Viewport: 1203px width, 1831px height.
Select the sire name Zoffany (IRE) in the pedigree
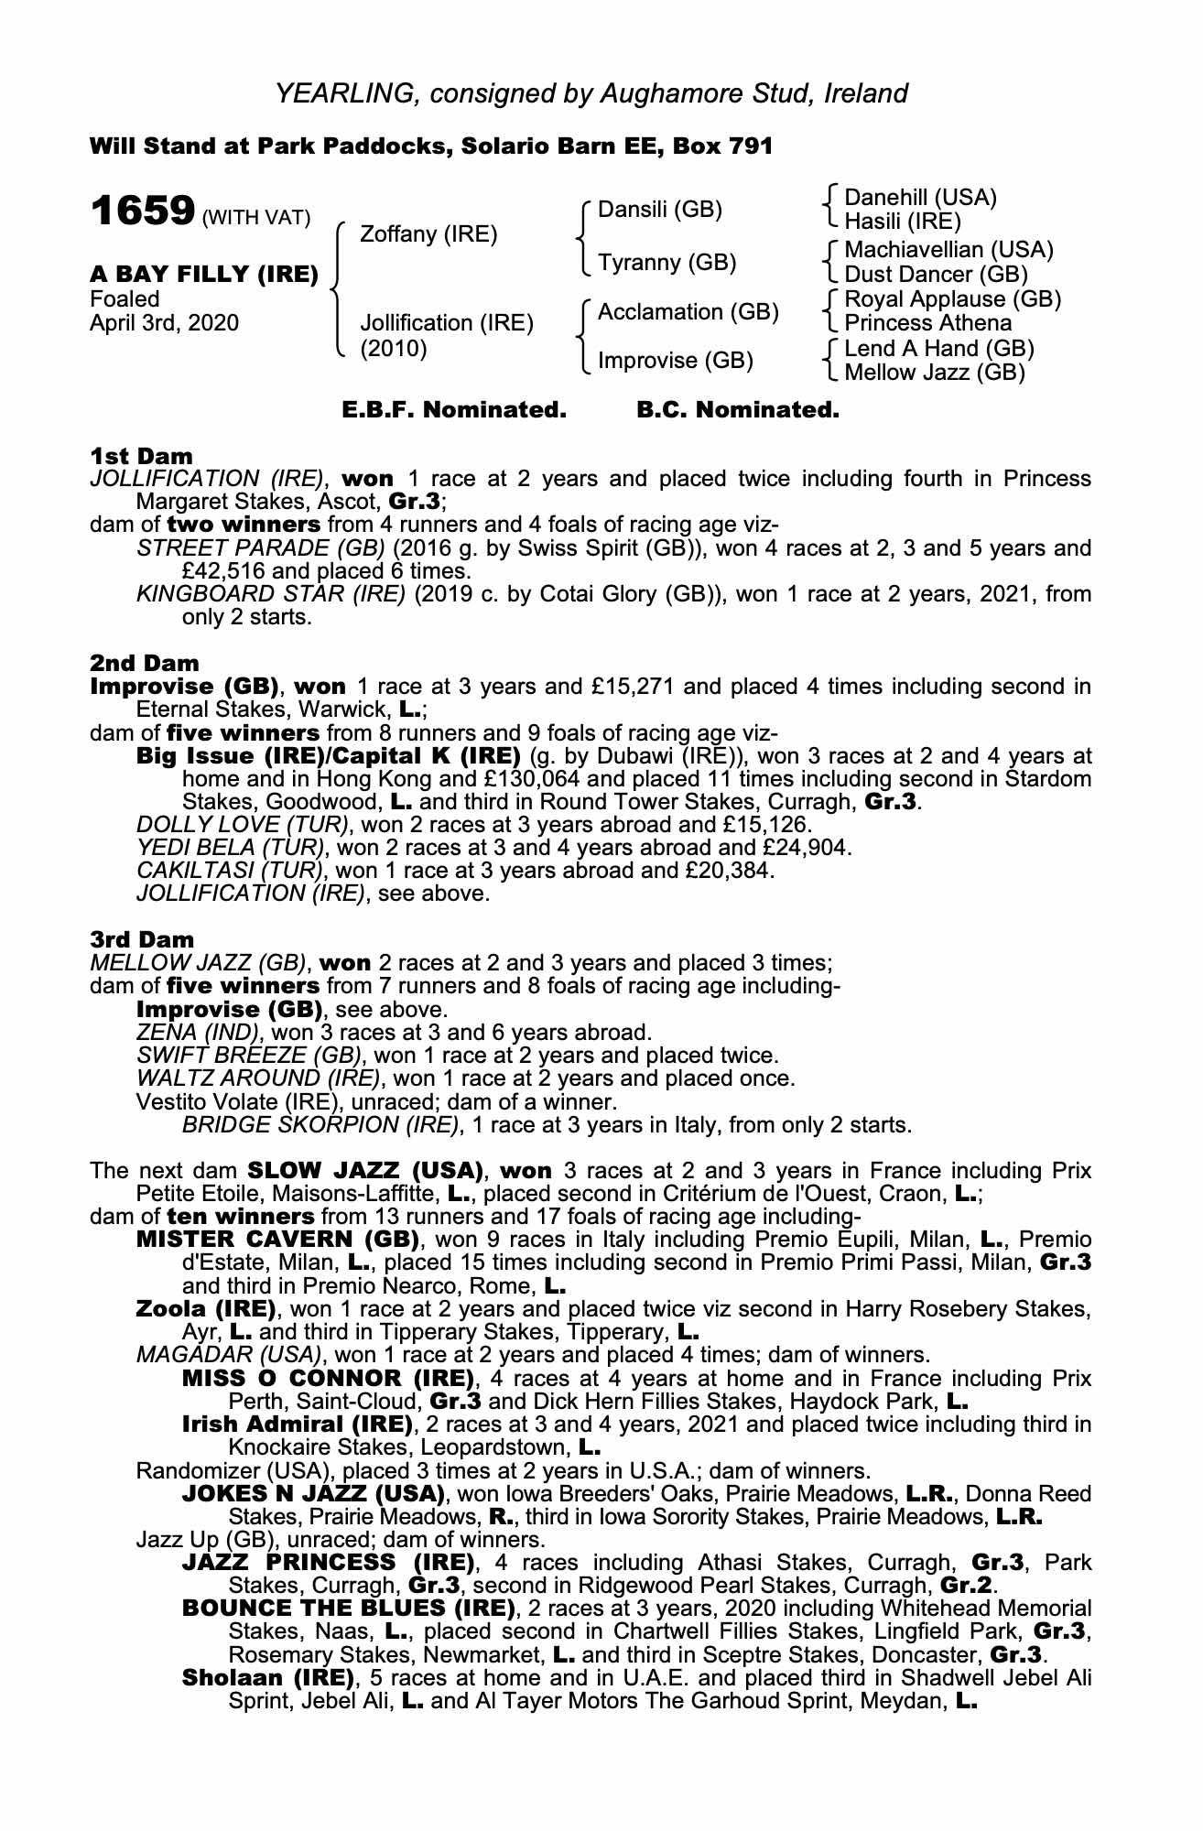pyautogui.click(x=428, y=234)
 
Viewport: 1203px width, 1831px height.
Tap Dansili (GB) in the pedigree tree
pyautogui.click(x=659, y=210)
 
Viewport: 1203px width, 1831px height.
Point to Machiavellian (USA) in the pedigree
pyautogui.click(x=948, y=249)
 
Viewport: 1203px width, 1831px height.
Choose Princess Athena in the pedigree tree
pyautogui.click(x=927, y=323)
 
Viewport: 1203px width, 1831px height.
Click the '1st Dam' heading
pyautogui.click(x=141, y=456)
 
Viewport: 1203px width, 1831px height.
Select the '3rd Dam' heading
pyautogui.click(x=142, y=939)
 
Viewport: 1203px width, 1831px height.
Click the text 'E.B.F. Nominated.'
pyautogui.click(x=454, y=410)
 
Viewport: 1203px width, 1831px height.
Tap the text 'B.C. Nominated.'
pyautogui.click(x=737, y=410)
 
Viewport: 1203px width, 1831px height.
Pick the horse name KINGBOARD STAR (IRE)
pyautogui.click(x=270, y=594)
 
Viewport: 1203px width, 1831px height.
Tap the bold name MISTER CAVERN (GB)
pyautogui.click(x=277, y=1241)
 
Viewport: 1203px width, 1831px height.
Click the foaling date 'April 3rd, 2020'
pyautogui.click(x=165, y=323)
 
